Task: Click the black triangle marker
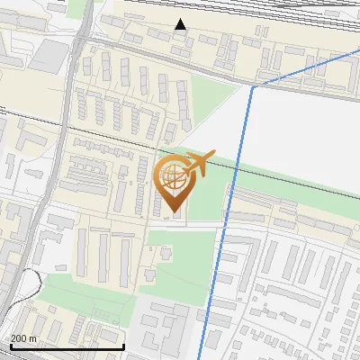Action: click(181, 24)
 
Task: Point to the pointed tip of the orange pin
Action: click(174, 212)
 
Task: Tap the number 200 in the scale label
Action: click(18, 338)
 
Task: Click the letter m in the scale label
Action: click(32, 338)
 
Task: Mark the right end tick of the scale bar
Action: click(123, 346)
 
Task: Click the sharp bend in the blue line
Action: click(253, 87)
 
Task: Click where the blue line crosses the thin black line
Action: click(237, 163)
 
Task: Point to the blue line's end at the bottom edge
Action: click(201, 358)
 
